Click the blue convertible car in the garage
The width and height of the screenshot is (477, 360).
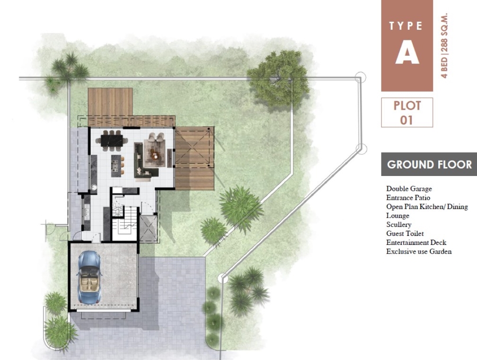tap(89, 277)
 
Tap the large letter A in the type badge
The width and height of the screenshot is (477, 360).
tap(407, 52)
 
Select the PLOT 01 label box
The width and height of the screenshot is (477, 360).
tap(407, 112)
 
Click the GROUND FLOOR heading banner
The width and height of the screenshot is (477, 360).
tap(429, 165)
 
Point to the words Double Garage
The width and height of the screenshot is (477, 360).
tap(409, 189)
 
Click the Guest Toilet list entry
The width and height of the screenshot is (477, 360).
tap(405, 233)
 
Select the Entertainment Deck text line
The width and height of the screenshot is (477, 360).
tap(416, 242)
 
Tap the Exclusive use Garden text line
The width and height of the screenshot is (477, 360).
tap(419, 251)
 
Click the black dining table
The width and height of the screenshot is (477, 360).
tap(112, 141)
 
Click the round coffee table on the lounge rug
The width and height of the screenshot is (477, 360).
tap(155, 156)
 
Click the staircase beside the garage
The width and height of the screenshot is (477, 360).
tap(126, 224)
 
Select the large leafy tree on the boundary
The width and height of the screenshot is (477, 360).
tap(278, 78)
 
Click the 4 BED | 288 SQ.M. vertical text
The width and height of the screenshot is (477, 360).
tap(445, 46)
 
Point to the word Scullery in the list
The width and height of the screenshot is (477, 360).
tap(399, 225)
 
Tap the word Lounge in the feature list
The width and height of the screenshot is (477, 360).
tap(397, 215)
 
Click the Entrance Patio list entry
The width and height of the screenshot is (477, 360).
tap(408, 198)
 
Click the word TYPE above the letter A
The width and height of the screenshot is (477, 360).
tap(406, 26)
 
